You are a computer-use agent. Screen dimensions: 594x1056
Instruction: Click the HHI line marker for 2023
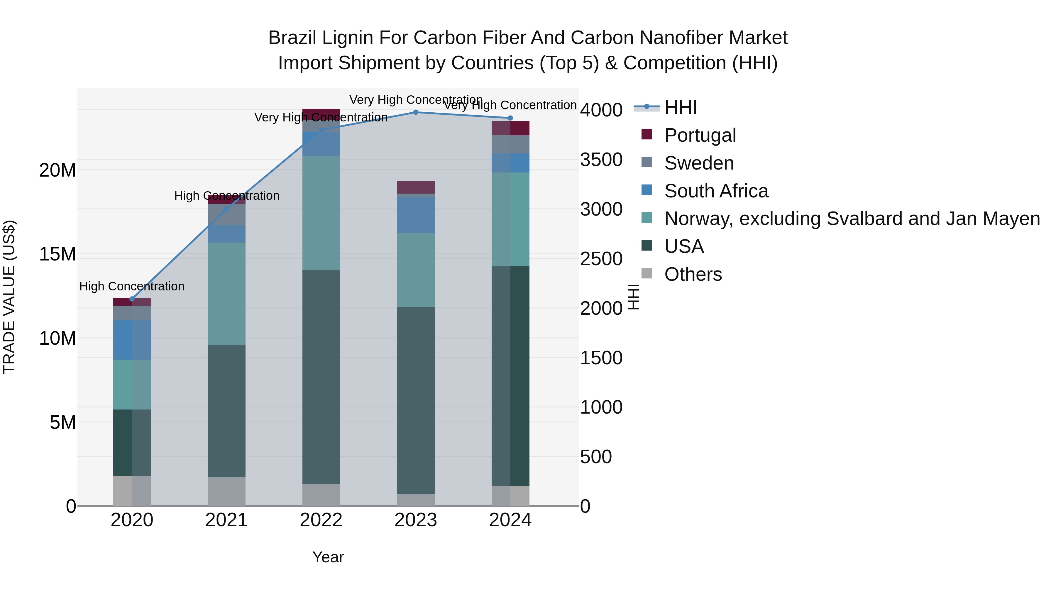416,112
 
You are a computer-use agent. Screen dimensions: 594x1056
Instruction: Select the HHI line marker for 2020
132,299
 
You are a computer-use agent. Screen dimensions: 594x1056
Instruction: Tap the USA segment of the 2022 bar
321,377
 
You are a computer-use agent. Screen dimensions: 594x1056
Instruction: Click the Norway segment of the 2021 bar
227,294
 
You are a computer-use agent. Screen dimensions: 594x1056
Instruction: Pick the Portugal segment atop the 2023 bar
416,187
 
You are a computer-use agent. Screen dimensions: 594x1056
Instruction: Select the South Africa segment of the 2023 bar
416,215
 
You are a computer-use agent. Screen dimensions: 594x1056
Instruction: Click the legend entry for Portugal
700,135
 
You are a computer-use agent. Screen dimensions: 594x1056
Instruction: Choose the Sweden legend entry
698,163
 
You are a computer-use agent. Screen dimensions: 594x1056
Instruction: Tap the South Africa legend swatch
647,190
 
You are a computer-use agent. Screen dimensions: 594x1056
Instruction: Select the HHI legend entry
681,107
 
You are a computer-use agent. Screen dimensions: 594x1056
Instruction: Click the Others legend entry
693,274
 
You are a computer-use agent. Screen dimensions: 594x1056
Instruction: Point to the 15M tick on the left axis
57,254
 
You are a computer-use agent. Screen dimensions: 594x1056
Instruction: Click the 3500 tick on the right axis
601,160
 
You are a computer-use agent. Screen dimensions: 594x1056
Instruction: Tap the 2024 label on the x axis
510,520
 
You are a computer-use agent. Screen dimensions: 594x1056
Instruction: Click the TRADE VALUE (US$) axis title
9,297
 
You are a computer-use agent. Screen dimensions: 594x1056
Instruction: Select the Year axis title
328,557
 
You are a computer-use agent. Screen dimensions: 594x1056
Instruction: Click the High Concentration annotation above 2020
132,286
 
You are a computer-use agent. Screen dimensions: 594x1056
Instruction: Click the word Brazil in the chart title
292,38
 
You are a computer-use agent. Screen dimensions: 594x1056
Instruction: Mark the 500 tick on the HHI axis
596,457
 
